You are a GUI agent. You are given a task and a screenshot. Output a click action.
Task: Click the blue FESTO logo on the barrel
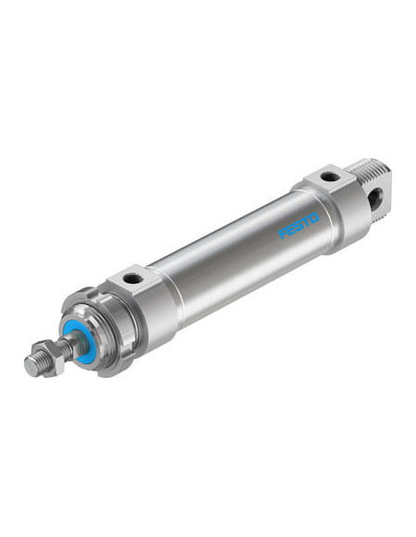[x=298, y=225]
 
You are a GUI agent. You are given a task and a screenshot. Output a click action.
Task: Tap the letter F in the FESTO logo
[x=283, y=234]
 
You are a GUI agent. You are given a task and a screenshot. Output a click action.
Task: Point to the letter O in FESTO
[x=315, y=218]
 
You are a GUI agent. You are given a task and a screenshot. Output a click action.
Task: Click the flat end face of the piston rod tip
[x=31, y=366]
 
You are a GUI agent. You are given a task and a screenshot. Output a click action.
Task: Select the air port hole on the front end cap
[x=133, y=280]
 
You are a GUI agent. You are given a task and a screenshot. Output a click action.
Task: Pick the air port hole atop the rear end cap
[x=330, y=177]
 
